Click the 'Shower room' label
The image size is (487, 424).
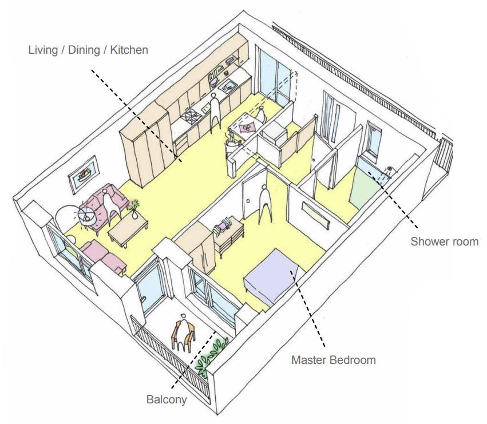click(444, 241)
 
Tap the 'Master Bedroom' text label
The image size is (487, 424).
click(333, 360)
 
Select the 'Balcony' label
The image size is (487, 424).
click(167, 399)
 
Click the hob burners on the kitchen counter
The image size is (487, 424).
click(190, 118)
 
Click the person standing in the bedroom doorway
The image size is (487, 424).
click(264, 203)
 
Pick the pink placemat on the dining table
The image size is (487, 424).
click(248, 127)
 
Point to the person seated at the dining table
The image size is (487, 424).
click(261, 113)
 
